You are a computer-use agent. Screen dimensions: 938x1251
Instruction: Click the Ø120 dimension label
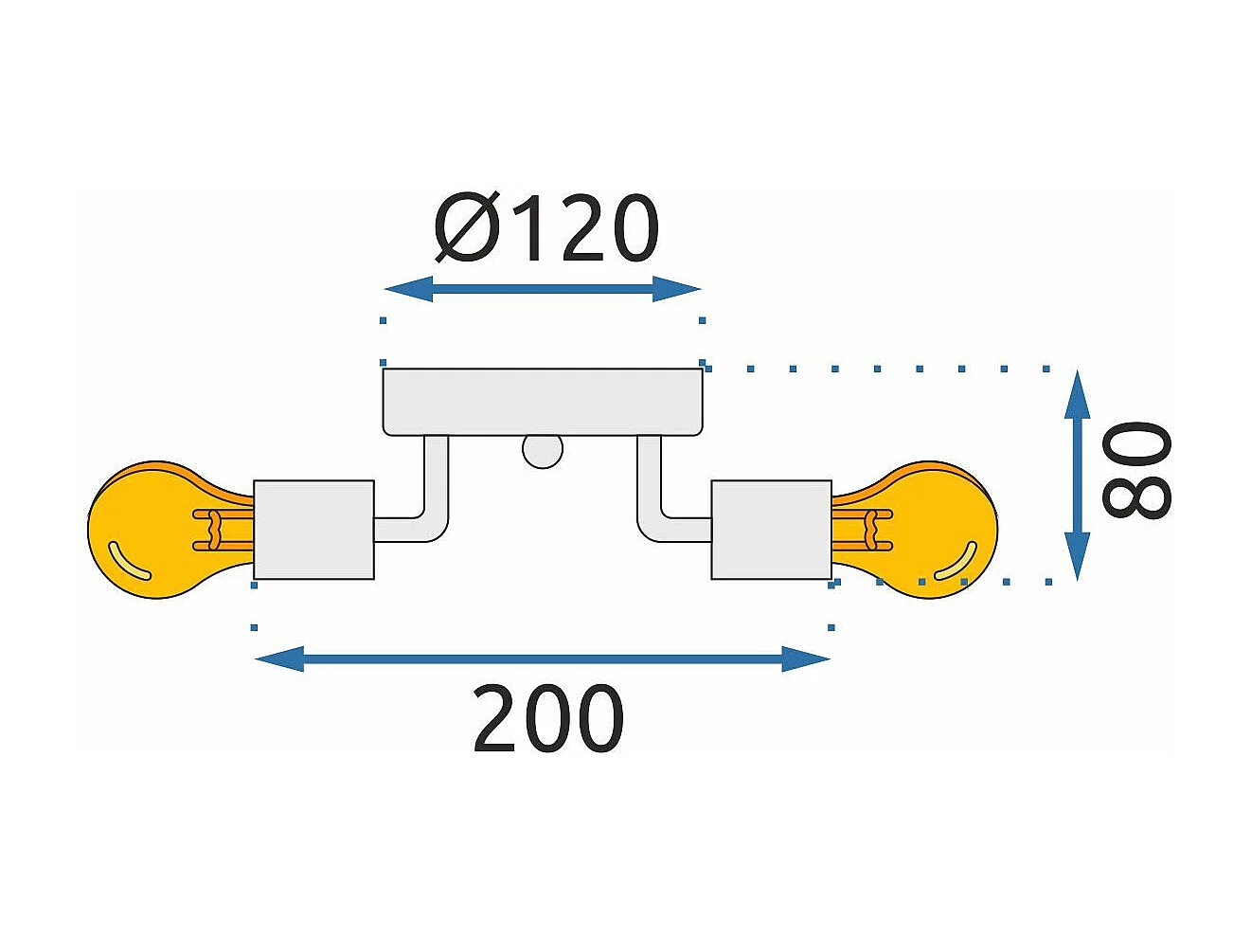[x=546, y=229]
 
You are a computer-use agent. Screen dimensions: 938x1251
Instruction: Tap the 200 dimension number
[x=547, y=719]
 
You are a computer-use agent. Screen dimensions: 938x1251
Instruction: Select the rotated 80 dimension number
[x=1137, y=471]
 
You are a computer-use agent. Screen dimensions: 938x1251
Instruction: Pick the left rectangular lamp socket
[x=313, y=530]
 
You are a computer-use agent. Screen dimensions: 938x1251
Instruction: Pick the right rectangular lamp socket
[x=771, y=530]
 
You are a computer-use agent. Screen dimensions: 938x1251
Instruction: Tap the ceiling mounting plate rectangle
[x=543, y=402]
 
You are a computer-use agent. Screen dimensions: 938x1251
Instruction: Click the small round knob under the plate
[x=543, y=451]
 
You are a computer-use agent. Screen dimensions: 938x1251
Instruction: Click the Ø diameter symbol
[x=467, y=229]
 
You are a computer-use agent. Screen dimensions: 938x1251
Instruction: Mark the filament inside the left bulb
[x=218, y=530]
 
